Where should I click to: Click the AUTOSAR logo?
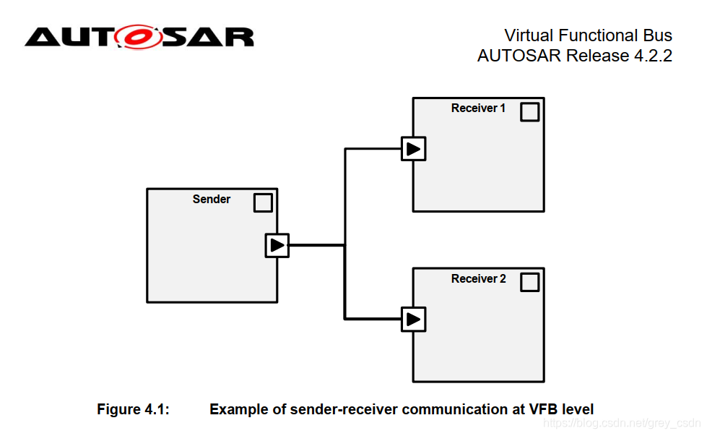139,37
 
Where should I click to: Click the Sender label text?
212,200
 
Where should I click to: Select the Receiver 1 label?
478,108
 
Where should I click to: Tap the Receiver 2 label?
478,279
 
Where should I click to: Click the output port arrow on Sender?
277,246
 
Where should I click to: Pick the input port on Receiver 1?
413,149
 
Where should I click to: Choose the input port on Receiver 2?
413,319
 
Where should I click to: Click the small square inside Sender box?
263,203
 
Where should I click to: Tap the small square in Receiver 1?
529,112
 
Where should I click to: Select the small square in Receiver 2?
529,283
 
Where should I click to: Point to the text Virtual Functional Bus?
588,35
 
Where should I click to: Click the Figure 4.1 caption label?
133,410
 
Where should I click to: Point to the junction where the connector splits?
345,246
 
